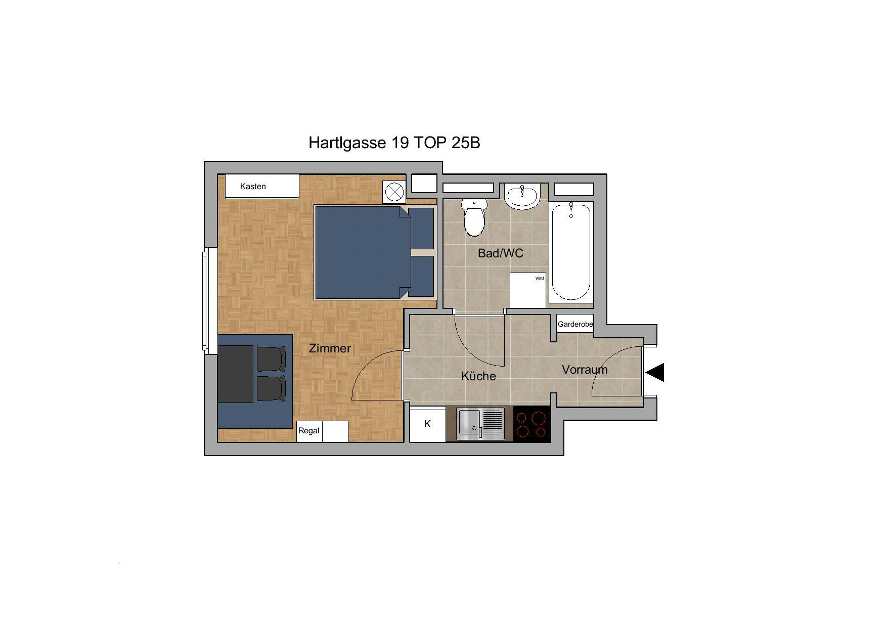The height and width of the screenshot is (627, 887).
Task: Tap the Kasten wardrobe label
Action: pyautogui.click(x=253, y=187)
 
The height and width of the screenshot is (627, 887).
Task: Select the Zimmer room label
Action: pyautogui.click(x=330, y=348)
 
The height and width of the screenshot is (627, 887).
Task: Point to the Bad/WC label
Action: pyautogui.click(x=501, y=253)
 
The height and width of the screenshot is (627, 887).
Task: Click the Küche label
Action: pyautogui.click(x=478, y=376)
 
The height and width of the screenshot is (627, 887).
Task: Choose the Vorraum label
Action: pyautogui.click(x=585, y=370)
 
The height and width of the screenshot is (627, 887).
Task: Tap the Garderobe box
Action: pyautogui.click(x=575, y=324)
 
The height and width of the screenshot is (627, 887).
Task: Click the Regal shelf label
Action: pyautogui.click(x=309, y=431)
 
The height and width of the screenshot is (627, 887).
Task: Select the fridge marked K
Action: pyautogui.click(x=427, y=424)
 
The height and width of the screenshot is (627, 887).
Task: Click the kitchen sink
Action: pyautogui.click(x=481, y=424)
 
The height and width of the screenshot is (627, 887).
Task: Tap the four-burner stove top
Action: pyautogui.click(x=531, y=424)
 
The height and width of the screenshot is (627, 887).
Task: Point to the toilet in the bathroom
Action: pyautogui.click(x=474, y=217)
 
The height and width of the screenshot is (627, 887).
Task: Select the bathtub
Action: pyautogui.click(x=571, y=251)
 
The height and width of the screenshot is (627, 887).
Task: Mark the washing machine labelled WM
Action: pyautogui.click(x=528, y=290)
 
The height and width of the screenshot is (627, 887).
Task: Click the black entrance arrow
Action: pyautogui.click(x=655, y=373)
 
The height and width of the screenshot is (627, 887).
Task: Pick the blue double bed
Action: pyautogui.click(x=374, y=252)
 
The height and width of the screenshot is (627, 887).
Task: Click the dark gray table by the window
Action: pyautogui.click(x=236, y=374)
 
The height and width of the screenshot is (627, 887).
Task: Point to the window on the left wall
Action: pyautogui.click(x=205, y=300)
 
